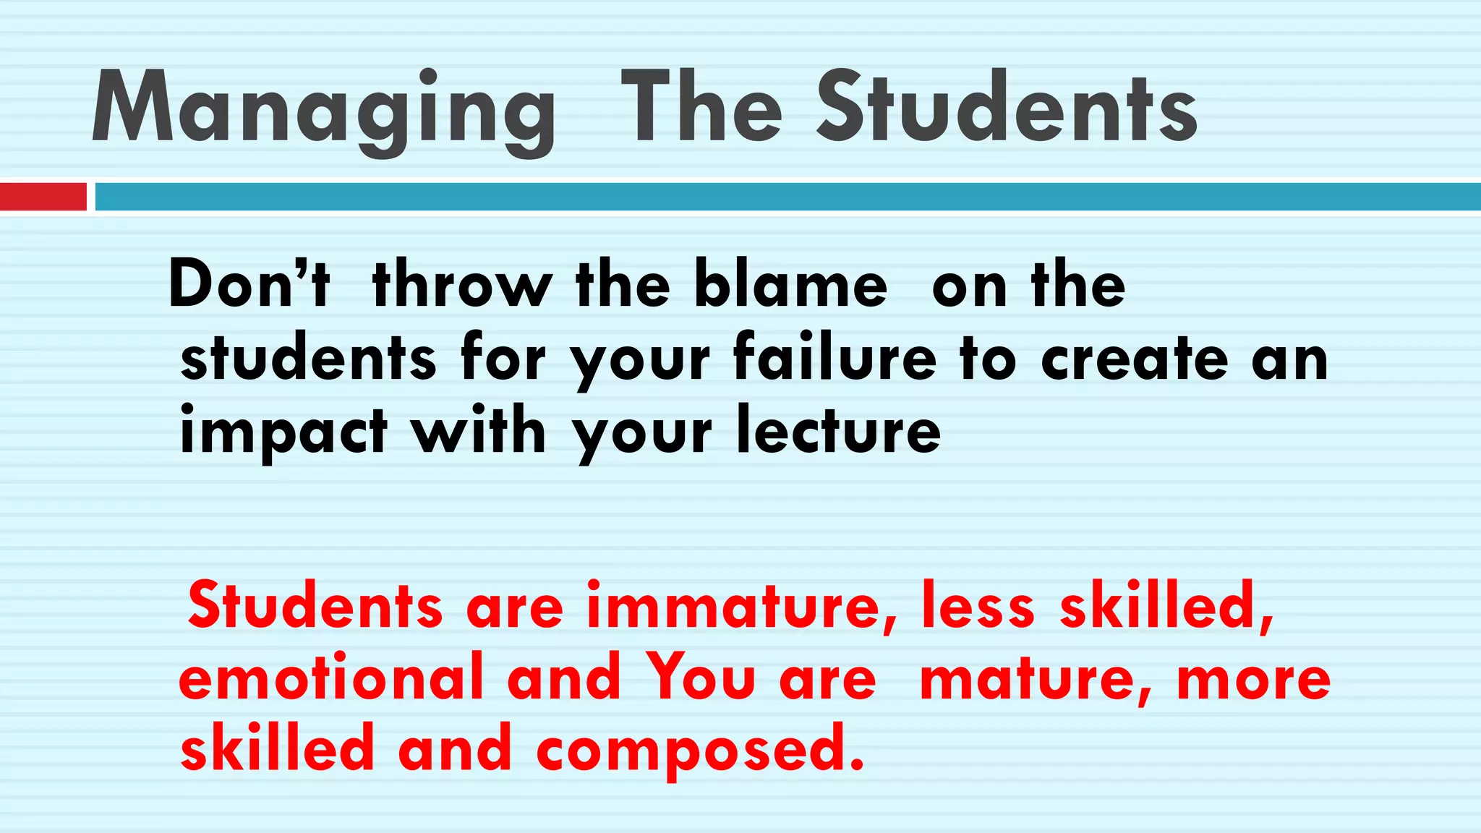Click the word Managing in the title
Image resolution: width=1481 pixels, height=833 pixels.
324,108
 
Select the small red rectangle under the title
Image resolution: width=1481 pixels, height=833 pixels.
43,197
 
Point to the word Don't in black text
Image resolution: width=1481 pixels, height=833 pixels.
249,284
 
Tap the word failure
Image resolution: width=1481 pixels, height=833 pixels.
835,357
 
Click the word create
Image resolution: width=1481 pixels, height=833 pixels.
1135,357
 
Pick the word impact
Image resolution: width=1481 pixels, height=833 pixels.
283,432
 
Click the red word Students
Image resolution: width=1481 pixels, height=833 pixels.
315,605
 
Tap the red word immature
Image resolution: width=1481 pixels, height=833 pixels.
742,605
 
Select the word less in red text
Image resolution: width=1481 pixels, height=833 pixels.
978,605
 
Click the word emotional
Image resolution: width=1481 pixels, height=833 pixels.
330,678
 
